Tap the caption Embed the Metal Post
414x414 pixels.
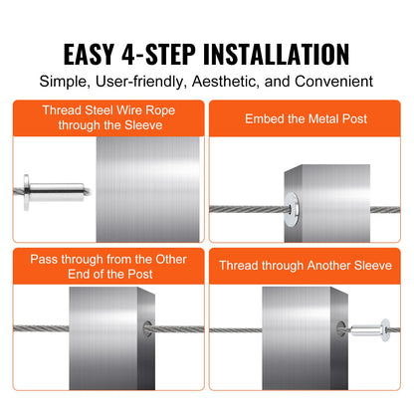click(x=306, y=118)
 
